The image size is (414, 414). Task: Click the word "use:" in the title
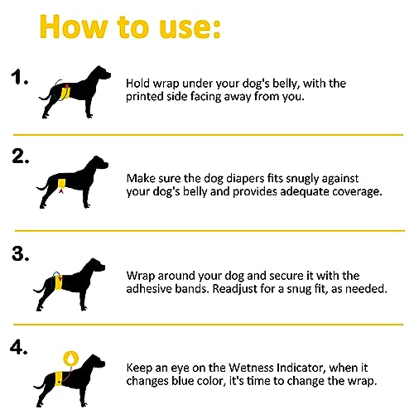(190, 27)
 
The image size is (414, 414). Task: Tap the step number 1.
(19, 77)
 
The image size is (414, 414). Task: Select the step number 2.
(21, 156)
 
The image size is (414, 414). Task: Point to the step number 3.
(21, 253)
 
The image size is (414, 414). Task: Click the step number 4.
(19, 347)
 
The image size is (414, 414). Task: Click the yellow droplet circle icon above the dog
(71, 359)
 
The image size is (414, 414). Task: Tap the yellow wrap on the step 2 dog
(61, 183)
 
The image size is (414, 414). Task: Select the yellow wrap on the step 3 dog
(58, 282)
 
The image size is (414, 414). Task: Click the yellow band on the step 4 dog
(59, 378)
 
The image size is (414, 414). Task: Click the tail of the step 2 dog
(42, 187)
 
